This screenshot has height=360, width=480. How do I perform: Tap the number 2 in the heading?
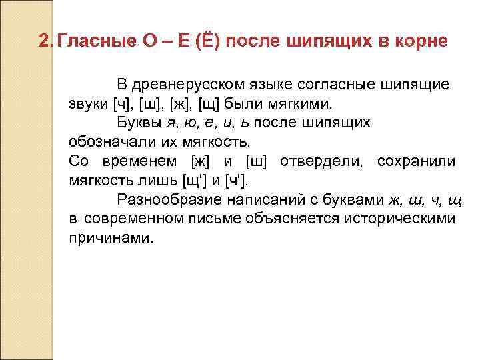[x=44, y=42]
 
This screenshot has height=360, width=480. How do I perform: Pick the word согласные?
[x=337, y=85]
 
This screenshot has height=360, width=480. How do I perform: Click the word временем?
[x=140, y=161]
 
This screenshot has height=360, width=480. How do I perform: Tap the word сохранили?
[x=417, y=161]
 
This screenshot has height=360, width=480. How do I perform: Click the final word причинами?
[x=111, y=238]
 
